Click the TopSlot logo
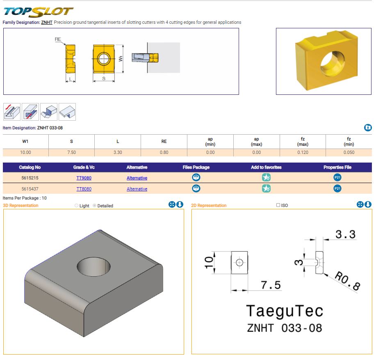tap(38, 11)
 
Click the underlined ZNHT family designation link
tap(47, 22)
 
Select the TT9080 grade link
tap(84, 178)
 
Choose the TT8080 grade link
tap(84, 189)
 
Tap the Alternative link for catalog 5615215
tap(137, 178)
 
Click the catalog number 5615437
tap(30, 189)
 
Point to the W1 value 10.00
tap(25, 152)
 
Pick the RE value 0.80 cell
tap(164, 152)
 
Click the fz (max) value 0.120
tap(303, 152)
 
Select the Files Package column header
tap(196, 167)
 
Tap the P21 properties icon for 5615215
tap(337, 178)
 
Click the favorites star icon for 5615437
tap(267, 188)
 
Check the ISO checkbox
tap(278, 205)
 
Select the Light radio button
tap(77, 206)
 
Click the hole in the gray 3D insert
tap(94, 267)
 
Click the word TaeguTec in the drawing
tap(284, 311)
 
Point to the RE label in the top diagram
tap(58, 39)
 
